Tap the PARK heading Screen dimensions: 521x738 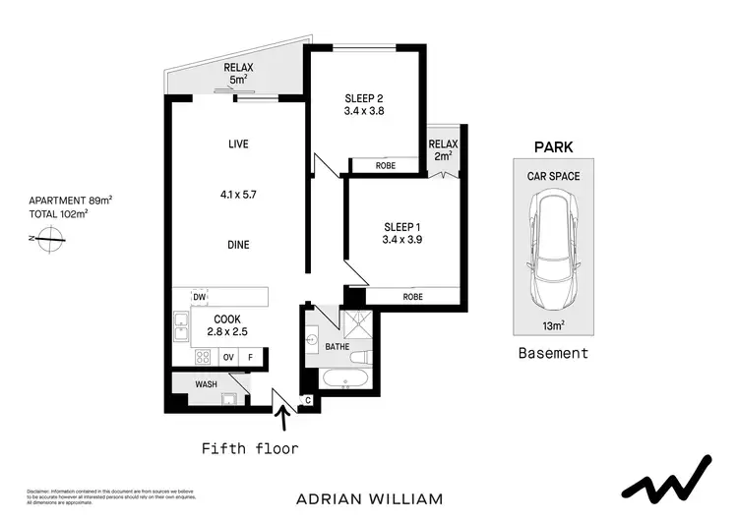[553, 147]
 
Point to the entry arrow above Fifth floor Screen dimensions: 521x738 [286, 421]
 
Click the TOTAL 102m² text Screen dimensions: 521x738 [59, 212]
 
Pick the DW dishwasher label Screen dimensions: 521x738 [200, 297]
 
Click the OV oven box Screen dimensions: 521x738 [228, 358]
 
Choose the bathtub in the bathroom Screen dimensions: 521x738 [345, 380]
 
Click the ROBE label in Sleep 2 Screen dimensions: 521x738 [386, 166]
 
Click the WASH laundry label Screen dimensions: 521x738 [207, 383]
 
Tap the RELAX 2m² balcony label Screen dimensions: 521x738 [443, 149]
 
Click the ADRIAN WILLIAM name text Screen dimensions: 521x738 [369, 499]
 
